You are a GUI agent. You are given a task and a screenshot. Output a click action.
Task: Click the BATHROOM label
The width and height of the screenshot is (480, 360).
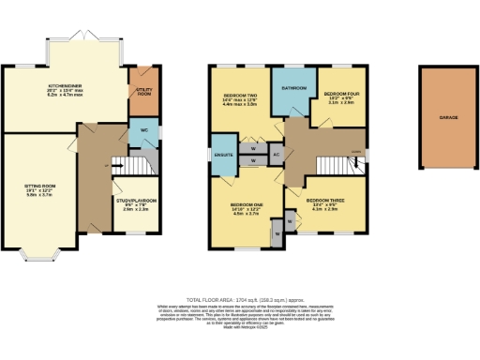(x=294, y=90)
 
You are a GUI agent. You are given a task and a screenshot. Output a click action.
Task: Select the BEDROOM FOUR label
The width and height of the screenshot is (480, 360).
(x=340, y=93)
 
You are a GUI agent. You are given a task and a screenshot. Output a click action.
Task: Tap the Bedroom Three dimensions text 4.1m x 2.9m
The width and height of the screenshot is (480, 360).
(x=323, y=210)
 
